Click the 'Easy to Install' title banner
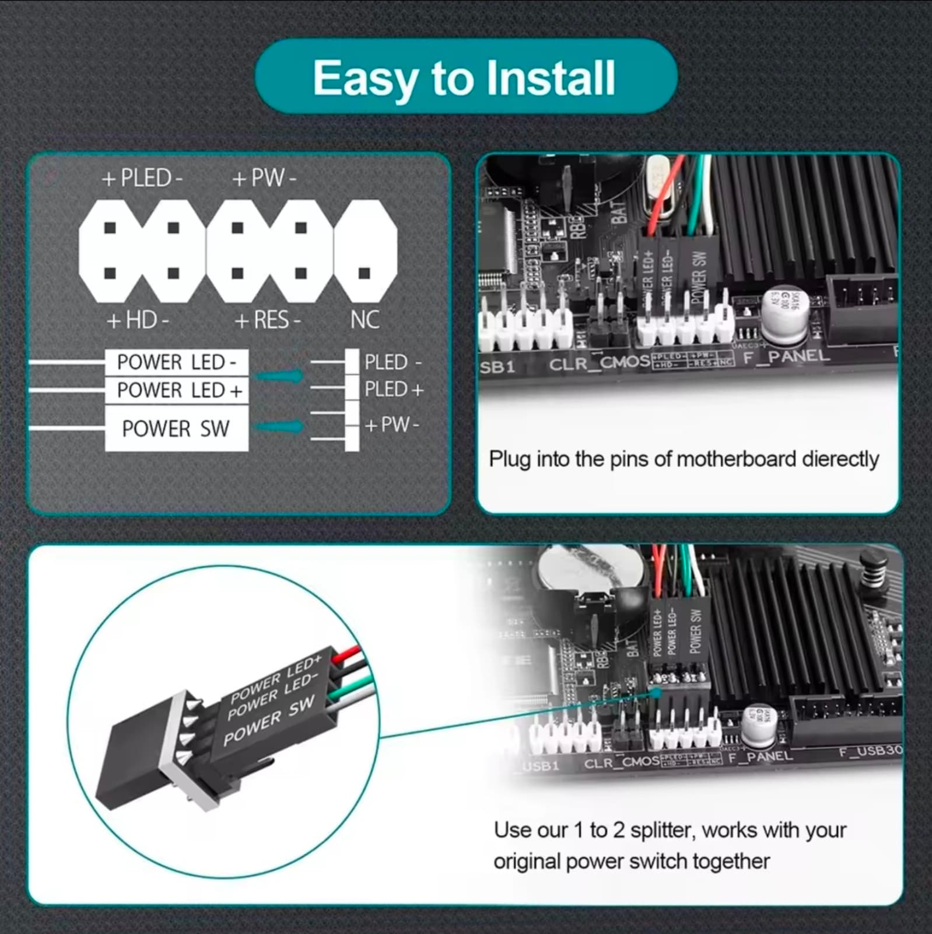click(x=465, y=77)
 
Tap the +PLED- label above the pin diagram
click(x=142, y=177)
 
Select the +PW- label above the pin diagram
click(x=264, y=177)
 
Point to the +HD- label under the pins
click(x=138, y=320)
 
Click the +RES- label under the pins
click(x=268, y=320)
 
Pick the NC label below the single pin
click(x=365, y=320)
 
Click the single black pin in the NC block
click(x=365, y=273)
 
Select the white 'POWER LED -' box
click(x=176, y=363)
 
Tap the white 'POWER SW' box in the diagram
click(x=176, y=428)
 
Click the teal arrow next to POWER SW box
click(x=280, y=427)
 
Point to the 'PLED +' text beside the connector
click(x=394, y=389)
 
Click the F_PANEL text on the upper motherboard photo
click(x=786, y=356)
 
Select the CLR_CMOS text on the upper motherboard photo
click(x=600, y=363)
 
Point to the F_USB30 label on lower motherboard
click(x=870, y=751)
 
